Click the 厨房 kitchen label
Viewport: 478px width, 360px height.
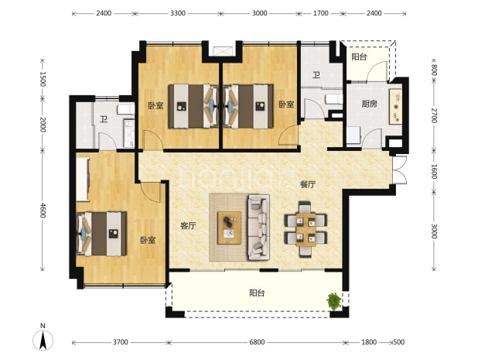tap(369, 104)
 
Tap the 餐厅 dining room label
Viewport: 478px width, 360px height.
tap(308, 184)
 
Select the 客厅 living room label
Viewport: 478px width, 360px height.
tap(188, 226)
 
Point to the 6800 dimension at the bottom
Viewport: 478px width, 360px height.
tap(257, 342)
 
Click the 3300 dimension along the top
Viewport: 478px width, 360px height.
tap(178, 13)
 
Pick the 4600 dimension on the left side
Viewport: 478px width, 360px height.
tap(43, 211)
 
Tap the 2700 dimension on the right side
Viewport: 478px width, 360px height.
tap(435, 115)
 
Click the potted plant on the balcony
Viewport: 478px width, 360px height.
tap(334, 301)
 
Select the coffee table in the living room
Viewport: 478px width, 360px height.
tap(229, 228)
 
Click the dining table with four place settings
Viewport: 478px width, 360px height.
tap(306, 229)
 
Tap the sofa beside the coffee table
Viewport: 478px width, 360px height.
tap(259, 228)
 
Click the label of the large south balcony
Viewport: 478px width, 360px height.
tap(257, 293)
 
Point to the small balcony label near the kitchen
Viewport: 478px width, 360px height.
tap(359, 57)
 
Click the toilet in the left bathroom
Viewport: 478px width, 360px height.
tap(126, 109)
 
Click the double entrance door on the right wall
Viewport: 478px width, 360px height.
tap(400, 170)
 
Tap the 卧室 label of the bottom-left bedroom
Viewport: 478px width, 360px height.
tap(148, 240)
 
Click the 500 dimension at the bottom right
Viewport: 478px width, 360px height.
tap(399, 342)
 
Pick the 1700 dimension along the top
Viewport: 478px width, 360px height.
tap(321, 13)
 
